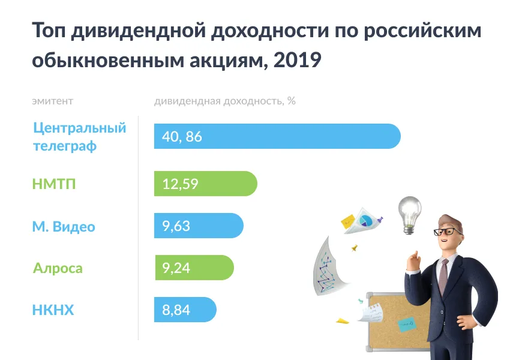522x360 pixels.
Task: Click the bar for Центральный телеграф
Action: point(277,136)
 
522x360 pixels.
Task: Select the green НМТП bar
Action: point(206,184)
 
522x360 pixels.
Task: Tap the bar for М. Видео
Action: point(199,226)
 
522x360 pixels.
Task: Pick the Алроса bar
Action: point(194,268)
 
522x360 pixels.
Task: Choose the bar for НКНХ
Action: point(185,310)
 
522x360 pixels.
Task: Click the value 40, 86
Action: point(182,137)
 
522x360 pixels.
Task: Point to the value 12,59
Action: point(180,184)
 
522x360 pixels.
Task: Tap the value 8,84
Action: point(176,310)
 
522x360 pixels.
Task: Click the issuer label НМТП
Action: point(54,184)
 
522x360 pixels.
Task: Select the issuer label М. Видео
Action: point(64,226)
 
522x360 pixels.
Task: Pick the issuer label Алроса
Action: point(58,268)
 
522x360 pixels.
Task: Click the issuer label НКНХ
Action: point(53,310)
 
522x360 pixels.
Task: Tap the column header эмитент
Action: point(53,101)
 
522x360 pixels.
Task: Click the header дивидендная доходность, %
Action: point(225,101)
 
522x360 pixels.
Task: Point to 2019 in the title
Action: point(297,60)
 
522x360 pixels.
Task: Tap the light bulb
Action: point(410,215)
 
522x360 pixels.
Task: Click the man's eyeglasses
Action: point(448,232)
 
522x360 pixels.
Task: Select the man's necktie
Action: point(443,276)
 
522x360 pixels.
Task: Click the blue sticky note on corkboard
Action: point(407,325)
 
